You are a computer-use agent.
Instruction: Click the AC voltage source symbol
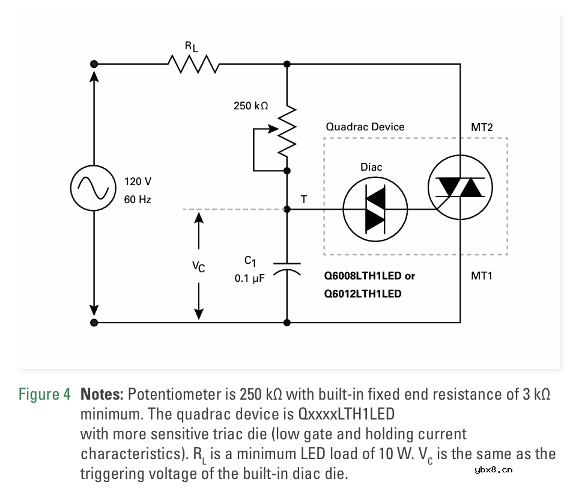point(93,188)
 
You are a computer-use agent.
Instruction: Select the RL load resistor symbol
point(193,63)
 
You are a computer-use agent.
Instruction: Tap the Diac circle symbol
point(375,210)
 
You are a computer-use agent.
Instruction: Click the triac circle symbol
point(459,188)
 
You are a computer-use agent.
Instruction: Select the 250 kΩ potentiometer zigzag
point(287,129)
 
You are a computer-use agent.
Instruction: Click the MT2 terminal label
point(482,127)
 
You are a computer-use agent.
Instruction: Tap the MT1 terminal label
point(482,276)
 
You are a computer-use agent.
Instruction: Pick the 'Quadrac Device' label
point(365,127)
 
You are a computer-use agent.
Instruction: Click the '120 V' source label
point(138,181)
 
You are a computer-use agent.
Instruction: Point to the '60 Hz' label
point(138,200)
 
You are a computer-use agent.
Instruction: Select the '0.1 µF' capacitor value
point(250,279)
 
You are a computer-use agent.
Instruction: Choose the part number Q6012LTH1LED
point(363,294)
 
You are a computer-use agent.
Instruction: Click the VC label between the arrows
point(198,266)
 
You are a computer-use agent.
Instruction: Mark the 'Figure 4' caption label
point(44,395)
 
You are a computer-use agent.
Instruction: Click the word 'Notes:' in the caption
point(102,395)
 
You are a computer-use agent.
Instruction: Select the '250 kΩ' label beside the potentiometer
point(250,106)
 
